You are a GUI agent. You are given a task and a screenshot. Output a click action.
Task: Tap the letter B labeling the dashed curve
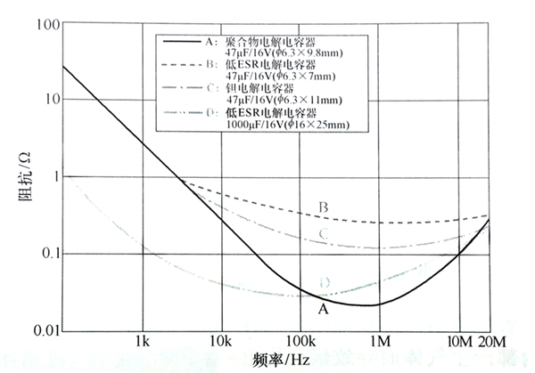(x=325, y=207)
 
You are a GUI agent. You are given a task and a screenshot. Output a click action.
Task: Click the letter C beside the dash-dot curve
(x=325, y=235)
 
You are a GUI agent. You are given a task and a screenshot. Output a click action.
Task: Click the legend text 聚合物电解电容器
(x=267, y=42)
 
